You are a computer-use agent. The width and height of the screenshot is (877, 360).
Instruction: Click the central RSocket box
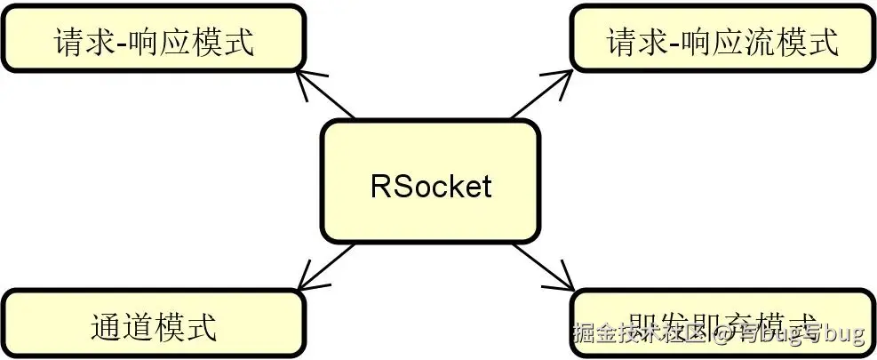tap(430, 182)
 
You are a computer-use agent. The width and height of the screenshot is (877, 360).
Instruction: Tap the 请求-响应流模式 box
tap(722, 39)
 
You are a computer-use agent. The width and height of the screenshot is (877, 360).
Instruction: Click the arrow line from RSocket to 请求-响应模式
tap(327, 97)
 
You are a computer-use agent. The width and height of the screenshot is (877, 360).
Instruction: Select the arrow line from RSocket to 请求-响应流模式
tap(538, 97)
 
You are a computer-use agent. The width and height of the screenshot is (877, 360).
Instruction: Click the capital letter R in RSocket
tap(379, 187)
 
